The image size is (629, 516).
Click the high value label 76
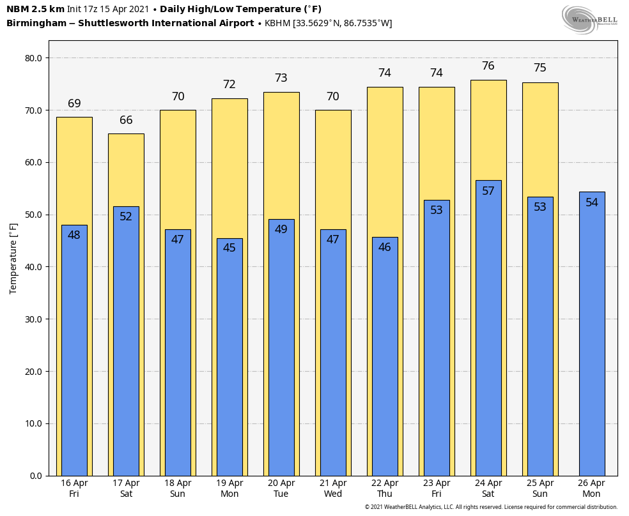(x=488, y=66)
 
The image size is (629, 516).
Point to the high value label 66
(x=126, y=121)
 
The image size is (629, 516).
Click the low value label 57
(x=488, y=191)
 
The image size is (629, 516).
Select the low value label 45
(x=229, y=248)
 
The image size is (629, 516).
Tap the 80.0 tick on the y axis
(x=33, y=58)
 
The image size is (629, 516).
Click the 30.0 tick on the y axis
(x=33, y=319)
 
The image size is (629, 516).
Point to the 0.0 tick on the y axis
(x=36, y=476)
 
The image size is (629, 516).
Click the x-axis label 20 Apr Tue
(x=281, y=489)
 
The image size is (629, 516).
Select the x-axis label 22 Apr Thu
(x=385, y=489)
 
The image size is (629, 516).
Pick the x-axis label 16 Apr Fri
(x=74, y=489)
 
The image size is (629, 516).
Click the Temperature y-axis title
(x=13, y=258)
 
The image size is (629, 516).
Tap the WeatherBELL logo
(x=589, y=19)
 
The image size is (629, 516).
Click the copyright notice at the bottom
(x=491, y=507)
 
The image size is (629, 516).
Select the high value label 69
(x=74, y=104)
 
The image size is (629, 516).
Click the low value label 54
(x=591, y=202)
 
